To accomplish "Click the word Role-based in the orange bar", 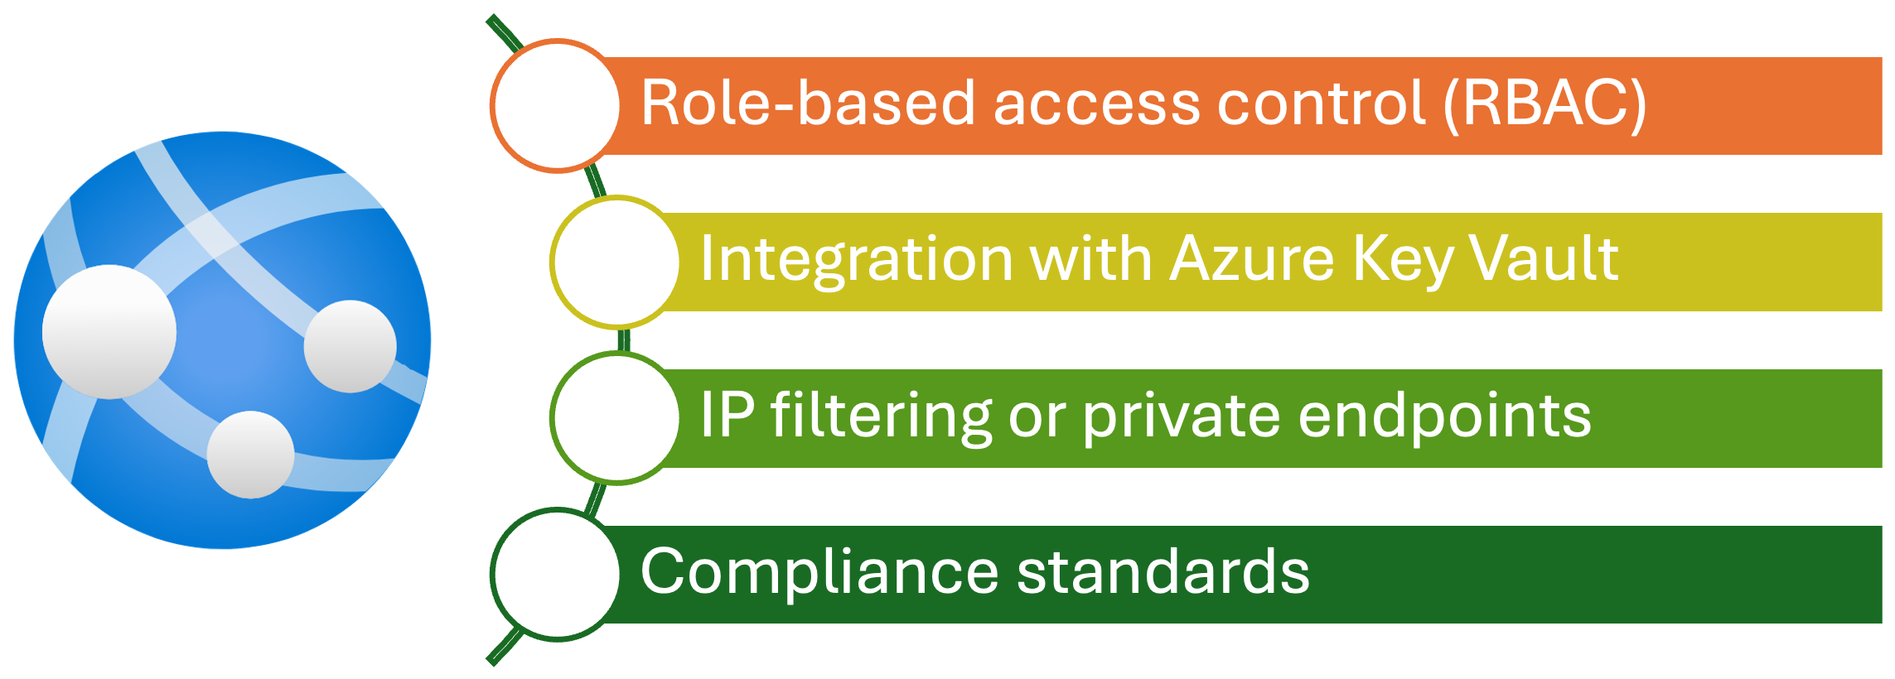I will tap(809, 104).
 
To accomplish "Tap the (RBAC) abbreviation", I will tap(1545, 104).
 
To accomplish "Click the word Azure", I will tap(1251, 259).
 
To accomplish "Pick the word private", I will tap(1181, 417).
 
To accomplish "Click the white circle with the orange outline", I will tap(556, 105).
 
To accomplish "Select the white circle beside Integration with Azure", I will tap(616, 261).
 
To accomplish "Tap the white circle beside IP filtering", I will tap(616, 417).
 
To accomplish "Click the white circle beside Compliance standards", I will tap(556, 574).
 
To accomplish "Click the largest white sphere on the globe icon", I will tap(109, 331).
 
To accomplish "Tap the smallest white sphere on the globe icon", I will tap(250, 455).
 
